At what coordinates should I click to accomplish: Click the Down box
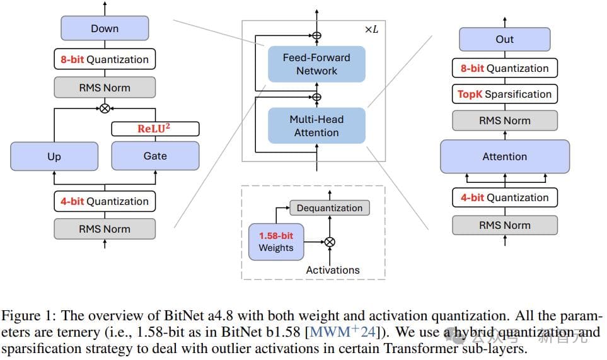[x=105, y=28]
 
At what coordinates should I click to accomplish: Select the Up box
[x=54, y=156]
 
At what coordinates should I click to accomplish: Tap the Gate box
[x=155, y=156]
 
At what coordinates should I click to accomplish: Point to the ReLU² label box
[x=155, y=129]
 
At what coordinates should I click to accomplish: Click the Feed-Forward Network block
[x=316, y=64]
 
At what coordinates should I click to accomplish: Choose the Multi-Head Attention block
[x=316, y=125]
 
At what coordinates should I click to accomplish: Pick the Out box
[x=504, y=39]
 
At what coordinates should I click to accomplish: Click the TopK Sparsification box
[x=504, y=94]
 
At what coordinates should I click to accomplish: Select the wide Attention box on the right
[x=504, y=156]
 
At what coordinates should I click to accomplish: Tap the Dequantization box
[x=330, y=207]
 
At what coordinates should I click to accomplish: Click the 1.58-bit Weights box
[x=276, y=241]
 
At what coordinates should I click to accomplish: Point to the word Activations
[x=333, y=270]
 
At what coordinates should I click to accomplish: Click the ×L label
[x=371, y=30]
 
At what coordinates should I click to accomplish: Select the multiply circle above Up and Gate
[x=105, y=108]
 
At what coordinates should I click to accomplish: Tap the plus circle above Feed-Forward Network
[x=316, y=36]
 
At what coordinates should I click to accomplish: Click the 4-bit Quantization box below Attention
[x=504, y=197]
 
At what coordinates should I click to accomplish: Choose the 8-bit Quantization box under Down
[x=105, y=59]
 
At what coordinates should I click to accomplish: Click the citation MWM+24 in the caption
[x=340, y=331]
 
